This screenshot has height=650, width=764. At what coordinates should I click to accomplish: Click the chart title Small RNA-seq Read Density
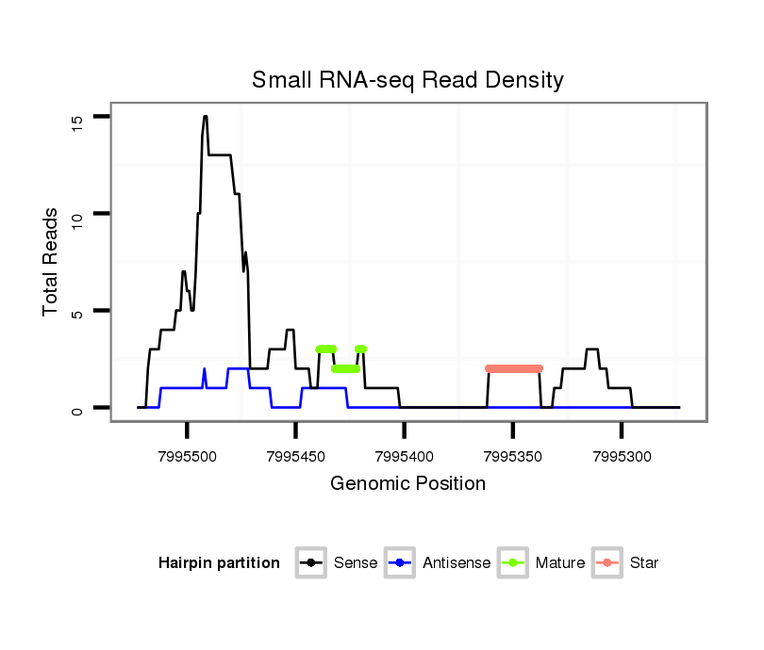coord(407,80)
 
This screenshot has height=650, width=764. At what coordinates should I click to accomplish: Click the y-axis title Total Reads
coord(52,262)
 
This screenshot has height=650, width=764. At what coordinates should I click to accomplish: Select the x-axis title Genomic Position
coord(407,484)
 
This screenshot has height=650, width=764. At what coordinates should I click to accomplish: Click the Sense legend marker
coord(310,563)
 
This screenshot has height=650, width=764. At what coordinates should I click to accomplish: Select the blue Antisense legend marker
coord(400,563)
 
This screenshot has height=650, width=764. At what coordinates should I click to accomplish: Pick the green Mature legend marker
coord(513,563)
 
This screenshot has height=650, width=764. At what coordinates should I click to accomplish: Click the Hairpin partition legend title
coord(219,563)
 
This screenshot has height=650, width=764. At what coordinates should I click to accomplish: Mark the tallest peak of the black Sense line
coord(205,117)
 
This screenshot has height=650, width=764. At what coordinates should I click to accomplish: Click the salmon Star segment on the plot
coord(514,368)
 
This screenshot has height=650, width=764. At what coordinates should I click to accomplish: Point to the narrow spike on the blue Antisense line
coord(204,369)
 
